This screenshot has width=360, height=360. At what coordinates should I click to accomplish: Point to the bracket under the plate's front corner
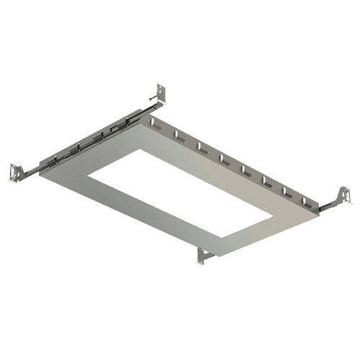[x=202, y=255]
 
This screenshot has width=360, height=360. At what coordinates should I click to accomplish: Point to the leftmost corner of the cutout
[x=89, y=175]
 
